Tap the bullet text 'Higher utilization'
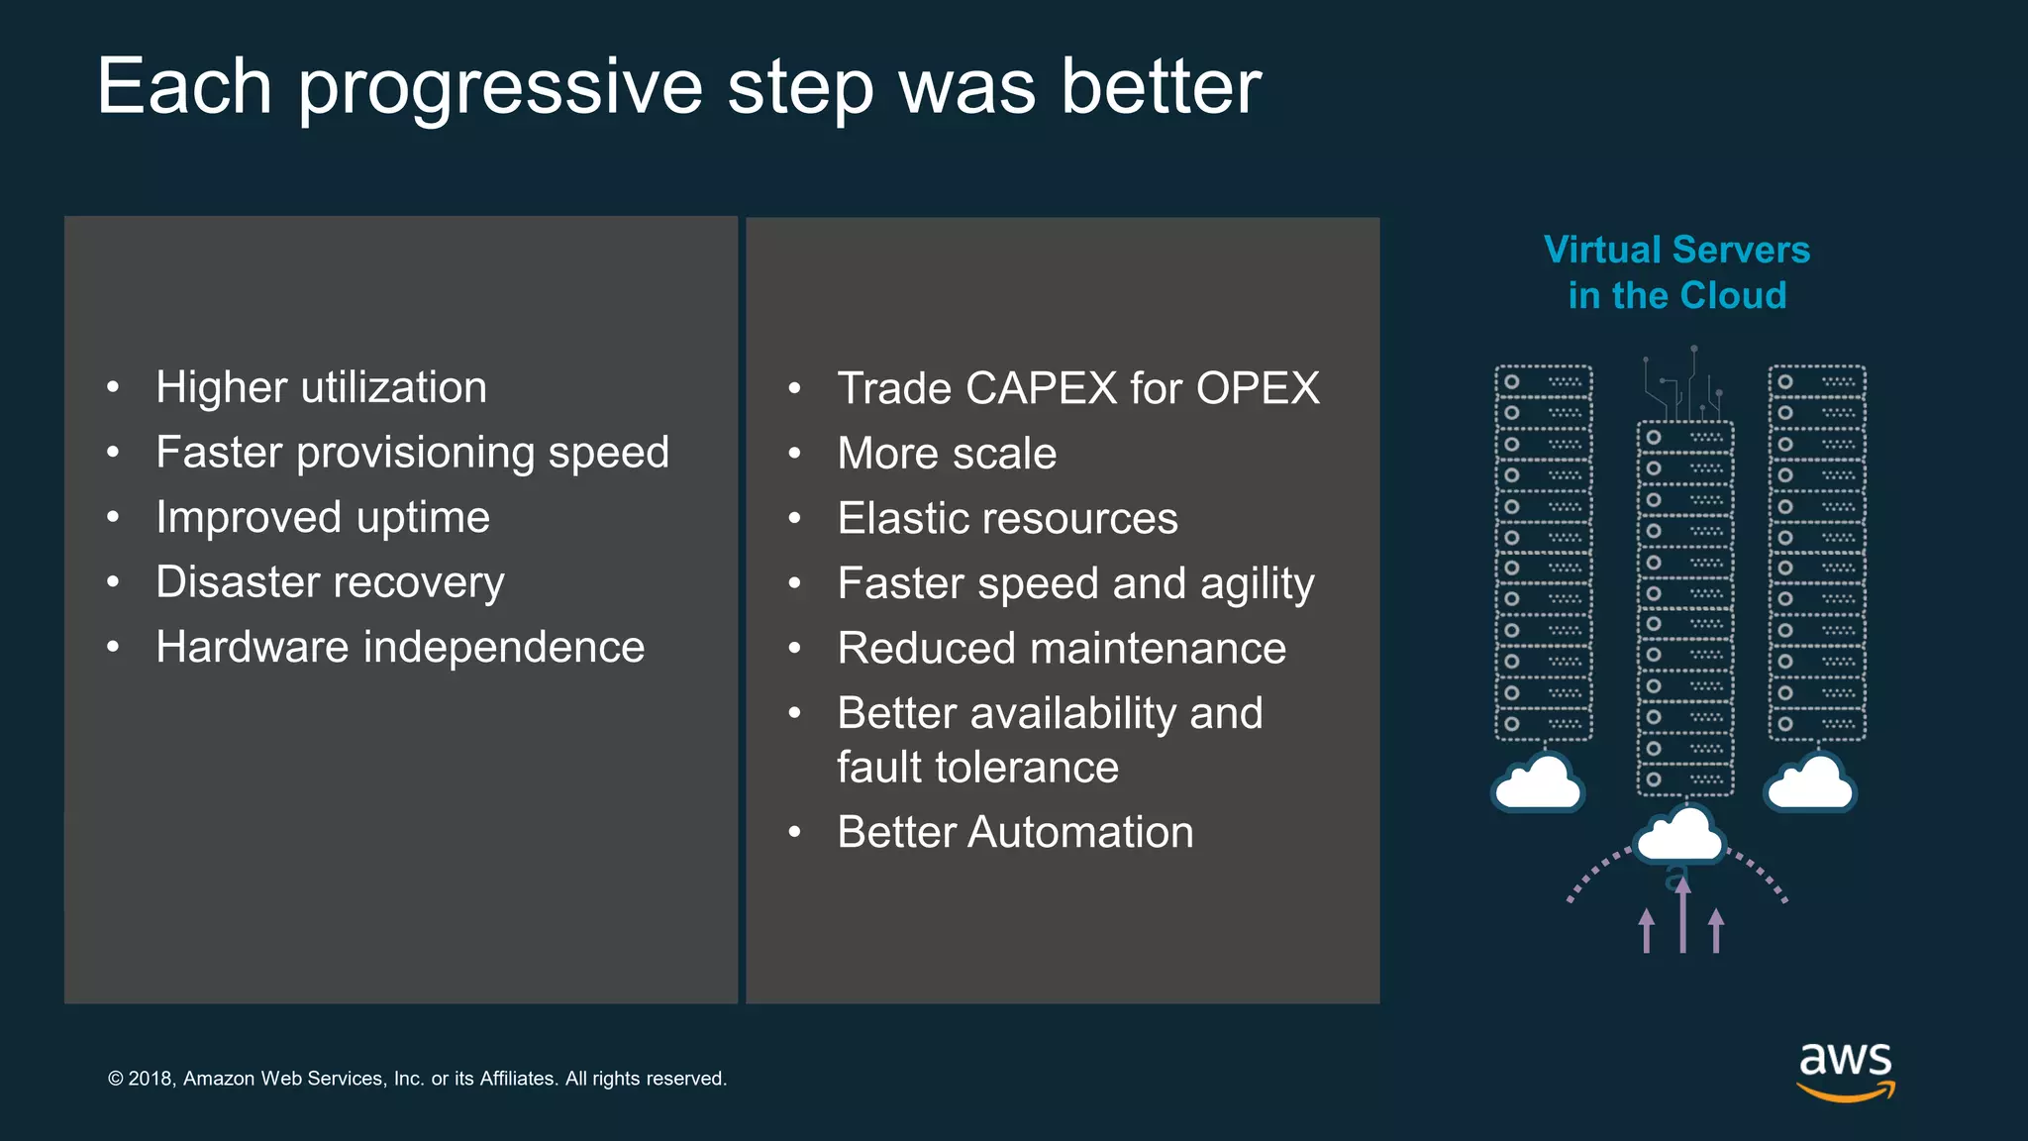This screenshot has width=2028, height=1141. pos(321,387)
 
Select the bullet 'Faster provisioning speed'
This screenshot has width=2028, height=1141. pos(412,453)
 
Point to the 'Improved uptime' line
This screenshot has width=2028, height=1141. pos(323,517)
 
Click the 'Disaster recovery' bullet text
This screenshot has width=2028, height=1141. pos(330,582)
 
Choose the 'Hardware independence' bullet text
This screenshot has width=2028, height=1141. pos(400,647)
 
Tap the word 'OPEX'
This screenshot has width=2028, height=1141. pos(1258,388)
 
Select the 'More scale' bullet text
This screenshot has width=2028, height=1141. pos(947,454)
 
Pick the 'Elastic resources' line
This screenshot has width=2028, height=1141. pos(1007,518)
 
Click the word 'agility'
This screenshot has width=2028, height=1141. pos(1257,584)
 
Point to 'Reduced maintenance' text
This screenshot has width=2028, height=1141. pos(1062,649)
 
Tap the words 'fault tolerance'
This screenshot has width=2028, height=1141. pos(977,768)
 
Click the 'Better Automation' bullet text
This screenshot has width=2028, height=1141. pos(1015,832)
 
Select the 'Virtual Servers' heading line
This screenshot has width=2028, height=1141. pos(1676,250)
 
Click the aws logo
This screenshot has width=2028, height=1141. pos(1845,1070)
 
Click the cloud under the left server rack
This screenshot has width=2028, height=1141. pos(1538,783)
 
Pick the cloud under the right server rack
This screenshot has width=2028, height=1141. pos(1810,783)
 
